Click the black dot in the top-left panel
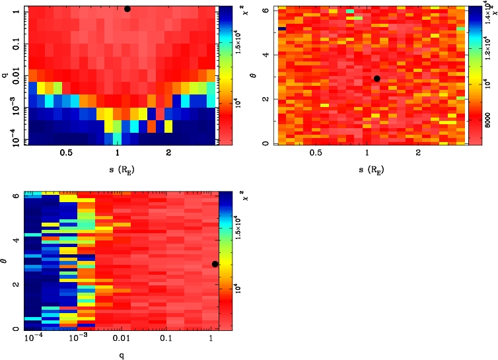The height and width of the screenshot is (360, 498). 127,9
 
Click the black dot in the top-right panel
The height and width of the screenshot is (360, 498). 376,79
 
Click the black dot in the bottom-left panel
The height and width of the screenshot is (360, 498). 215,264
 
